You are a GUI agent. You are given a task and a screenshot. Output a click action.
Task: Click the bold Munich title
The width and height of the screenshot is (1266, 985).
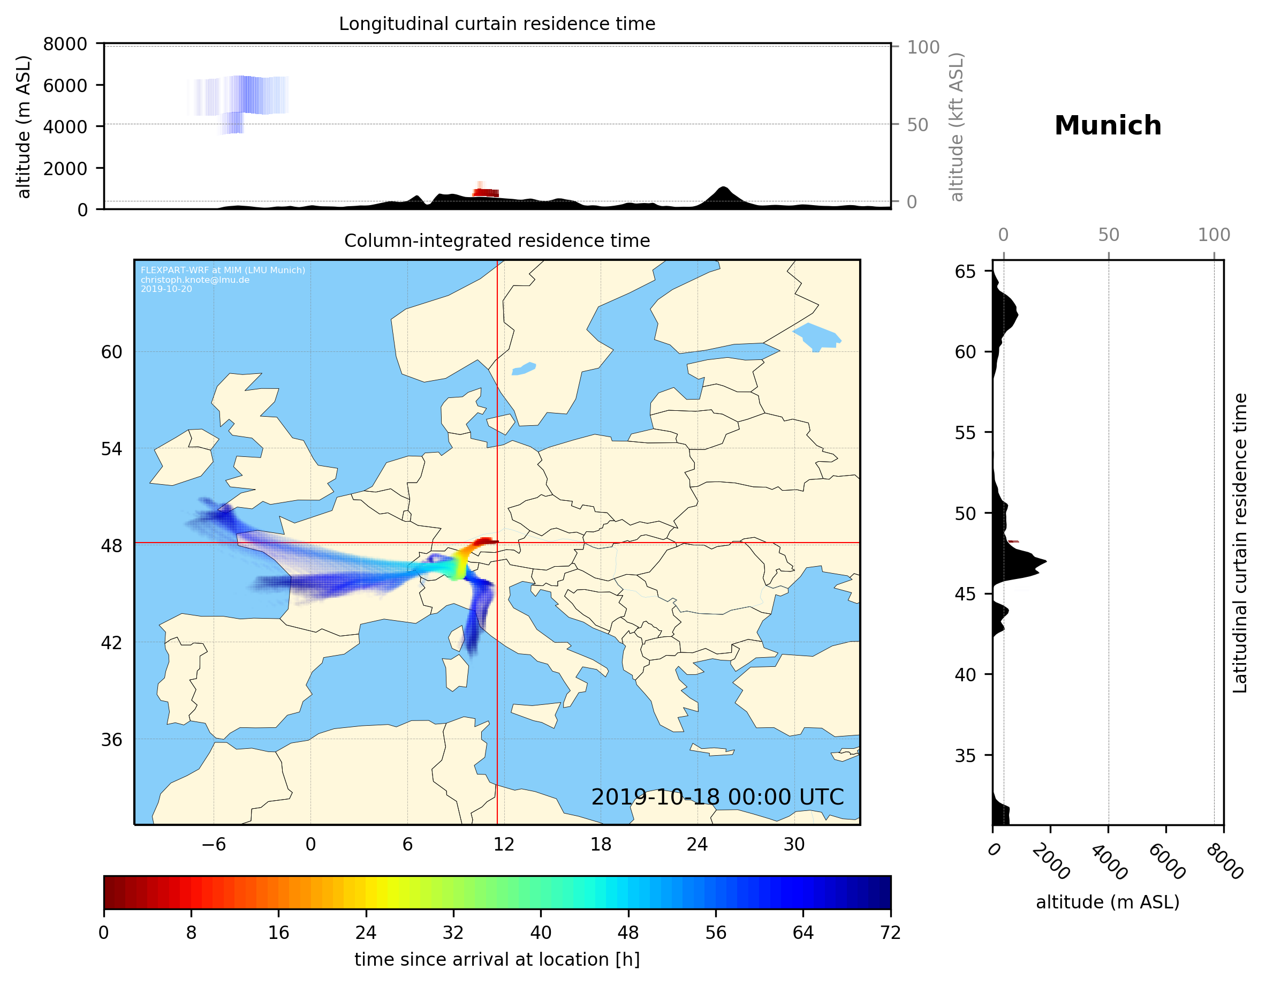1107,126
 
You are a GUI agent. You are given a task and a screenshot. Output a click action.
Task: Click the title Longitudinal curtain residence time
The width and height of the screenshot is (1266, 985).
497,24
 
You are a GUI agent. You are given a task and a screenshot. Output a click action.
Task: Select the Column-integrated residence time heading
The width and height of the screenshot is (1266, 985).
497,240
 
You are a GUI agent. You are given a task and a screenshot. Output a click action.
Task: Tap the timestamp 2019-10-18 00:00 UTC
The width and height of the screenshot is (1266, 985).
717,797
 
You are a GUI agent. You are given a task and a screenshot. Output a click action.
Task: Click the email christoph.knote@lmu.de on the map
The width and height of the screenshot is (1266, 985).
195,280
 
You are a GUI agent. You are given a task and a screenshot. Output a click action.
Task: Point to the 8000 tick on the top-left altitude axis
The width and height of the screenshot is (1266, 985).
65,44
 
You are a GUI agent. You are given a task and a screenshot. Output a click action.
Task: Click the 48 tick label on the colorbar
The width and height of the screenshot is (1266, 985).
628,933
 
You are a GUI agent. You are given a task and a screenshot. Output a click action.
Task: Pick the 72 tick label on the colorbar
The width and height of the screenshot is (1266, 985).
890,933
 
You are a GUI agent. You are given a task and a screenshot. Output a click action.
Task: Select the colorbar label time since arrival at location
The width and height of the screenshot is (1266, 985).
497,959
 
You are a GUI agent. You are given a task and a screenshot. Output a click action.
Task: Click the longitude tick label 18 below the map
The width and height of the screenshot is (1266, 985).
601,844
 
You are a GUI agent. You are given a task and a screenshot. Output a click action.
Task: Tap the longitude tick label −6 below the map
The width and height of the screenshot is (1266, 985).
213,844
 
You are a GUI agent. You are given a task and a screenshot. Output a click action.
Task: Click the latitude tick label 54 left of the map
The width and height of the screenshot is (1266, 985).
111,449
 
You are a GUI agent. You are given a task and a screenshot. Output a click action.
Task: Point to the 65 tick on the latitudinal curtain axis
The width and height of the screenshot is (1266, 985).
965,272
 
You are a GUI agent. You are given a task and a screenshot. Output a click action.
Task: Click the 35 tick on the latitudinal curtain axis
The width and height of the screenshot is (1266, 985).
965,756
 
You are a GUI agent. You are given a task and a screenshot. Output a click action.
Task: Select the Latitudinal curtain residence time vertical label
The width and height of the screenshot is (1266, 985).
1239,543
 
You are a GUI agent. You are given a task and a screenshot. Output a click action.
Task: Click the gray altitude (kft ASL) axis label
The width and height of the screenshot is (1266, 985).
957,127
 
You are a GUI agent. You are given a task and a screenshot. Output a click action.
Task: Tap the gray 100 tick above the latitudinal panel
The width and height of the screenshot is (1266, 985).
1214,235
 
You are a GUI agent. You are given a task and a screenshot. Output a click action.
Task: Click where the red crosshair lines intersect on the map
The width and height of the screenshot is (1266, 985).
497,543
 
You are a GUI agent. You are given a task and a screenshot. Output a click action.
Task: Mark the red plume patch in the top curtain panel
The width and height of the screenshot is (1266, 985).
486,193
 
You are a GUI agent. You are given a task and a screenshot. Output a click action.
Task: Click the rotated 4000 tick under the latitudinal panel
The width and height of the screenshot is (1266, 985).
1108,862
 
